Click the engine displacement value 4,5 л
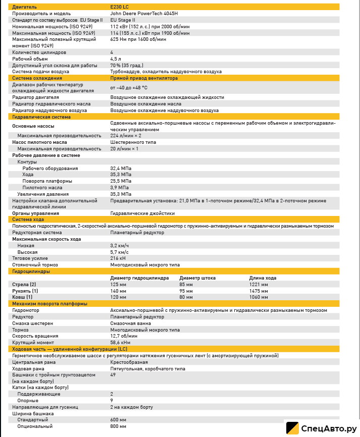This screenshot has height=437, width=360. (x=116, y=59)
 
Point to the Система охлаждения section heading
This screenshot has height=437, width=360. (x=31, y=78)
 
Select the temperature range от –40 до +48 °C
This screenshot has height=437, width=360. (x=129, y=87)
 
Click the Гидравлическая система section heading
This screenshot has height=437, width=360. (x=34, y=117)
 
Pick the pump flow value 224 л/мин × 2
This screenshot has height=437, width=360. (x=126, y=136)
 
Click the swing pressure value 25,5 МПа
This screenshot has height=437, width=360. (x=121, y=181)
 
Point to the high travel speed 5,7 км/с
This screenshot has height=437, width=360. (x=120, y=251)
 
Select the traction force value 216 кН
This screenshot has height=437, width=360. (x=118, y=258)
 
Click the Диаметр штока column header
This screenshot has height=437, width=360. (x=197, y=278)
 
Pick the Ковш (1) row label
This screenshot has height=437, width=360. (x=22, y=297)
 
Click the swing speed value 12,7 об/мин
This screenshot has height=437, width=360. (x=124, y=336)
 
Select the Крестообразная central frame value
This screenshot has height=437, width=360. (x=129, y=362)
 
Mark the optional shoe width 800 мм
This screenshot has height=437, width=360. (x=118, y=426)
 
